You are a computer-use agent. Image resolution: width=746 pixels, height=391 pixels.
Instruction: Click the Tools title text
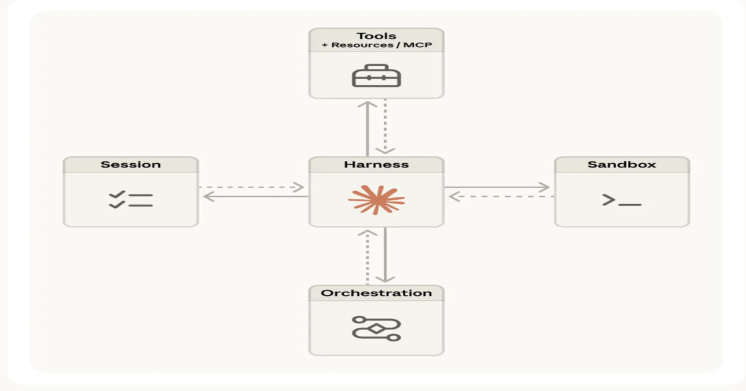point(376,35)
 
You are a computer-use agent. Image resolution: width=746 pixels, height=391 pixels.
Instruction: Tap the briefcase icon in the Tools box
point(376,76)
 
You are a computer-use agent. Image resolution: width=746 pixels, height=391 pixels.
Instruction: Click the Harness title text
point(376,164)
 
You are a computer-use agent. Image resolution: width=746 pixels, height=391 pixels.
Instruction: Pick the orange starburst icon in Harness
point(376,199)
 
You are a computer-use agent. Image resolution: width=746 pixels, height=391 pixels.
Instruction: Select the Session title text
point(131,164)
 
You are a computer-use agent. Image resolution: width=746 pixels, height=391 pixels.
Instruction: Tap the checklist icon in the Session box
point(131,199)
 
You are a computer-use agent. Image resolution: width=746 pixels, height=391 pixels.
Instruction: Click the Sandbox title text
point(622,164)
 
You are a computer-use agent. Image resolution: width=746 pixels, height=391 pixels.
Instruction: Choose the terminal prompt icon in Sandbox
point(621,200)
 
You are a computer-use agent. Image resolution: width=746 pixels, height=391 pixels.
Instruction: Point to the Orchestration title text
point(376,293)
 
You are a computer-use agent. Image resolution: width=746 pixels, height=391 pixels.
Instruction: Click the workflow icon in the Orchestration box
point(376,328)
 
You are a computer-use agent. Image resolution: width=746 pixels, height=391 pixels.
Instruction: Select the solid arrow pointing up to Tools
point(367,127)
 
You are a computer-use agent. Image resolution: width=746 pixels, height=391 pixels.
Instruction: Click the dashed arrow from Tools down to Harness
point(385,127)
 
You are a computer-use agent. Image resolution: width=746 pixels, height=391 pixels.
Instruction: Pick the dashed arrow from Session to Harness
point(252,187)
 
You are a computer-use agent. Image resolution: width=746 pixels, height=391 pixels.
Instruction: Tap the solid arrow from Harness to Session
point(255,197)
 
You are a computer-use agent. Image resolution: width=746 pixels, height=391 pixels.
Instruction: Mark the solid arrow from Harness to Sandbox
point(497,187)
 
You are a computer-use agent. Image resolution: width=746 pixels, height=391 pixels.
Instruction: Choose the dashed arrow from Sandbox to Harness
point(500,197)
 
